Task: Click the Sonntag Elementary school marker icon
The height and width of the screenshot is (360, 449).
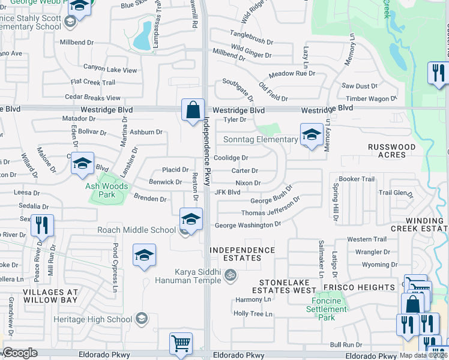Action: pyautogui.click(x=312, y=135)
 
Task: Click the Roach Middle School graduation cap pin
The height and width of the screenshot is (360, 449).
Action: pyautogui.click(x=191, y=220)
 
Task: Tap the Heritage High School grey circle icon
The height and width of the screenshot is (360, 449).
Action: pyautogui.click(x=142, y=318)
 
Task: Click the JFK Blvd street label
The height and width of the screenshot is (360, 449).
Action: pyautogui.click(x=228, y=193)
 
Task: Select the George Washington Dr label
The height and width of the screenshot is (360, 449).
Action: pyautogui.click(x=248, y=225)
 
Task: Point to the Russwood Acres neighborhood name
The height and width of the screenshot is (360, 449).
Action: pyautogui.click(x=392, y=151)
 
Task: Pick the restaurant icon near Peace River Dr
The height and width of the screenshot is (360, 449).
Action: pyautogui.click(x=42, y=226)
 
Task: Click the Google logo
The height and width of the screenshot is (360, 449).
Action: pyautogui.click(x=20, y=353)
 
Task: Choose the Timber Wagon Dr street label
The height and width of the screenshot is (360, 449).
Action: pyautogui.click(x=371, y=98)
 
